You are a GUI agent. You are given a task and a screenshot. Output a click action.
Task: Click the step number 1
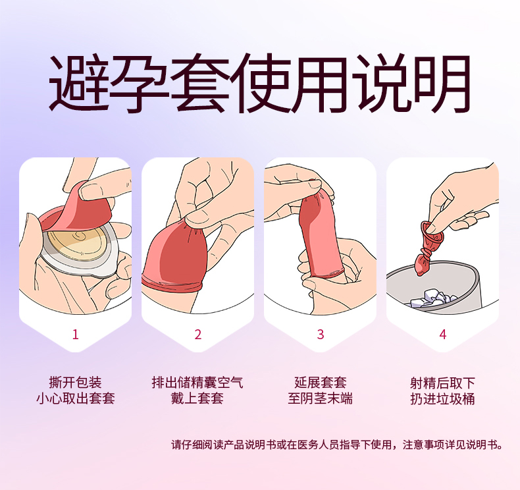pos(75,335)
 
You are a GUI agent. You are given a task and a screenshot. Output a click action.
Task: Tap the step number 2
pos(198,335)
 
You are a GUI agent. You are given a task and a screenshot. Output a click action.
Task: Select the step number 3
pos(321,335)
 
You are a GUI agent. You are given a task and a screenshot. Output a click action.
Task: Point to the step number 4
pos(443,335)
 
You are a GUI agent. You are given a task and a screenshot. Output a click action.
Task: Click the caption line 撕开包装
pos(75,382)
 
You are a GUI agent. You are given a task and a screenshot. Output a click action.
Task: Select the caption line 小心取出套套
pos(75,398)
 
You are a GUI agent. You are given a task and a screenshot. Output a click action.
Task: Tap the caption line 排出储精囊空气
pos(197,382)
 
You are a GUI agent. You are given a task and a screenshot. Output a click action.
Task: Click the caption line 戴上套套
pos(197,398)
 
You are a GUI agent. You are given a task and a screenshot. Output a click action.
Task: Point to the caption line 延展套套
pos(321,382)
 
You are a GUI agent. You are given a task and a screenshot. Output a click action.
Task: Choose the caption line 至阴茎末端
pos(321,398)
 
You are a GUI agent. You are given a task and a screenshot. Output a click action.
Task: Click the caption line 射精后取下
pos(443,383)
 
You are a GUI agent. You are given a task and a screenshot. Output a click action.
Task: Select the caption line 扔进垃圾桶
pos(443,398)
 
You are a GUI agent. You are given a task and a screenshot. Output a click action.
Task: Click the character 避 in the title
pos(80,83)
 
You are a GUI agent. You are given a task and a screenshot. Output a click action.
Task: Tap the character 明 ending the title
pos(440,83)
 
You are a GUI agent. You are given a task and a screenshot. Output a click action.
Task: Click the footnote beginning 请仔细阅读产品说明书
pos(337,445)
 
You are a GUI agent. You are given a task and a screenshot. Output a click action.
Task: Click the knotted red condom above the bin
pos(428,247)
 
